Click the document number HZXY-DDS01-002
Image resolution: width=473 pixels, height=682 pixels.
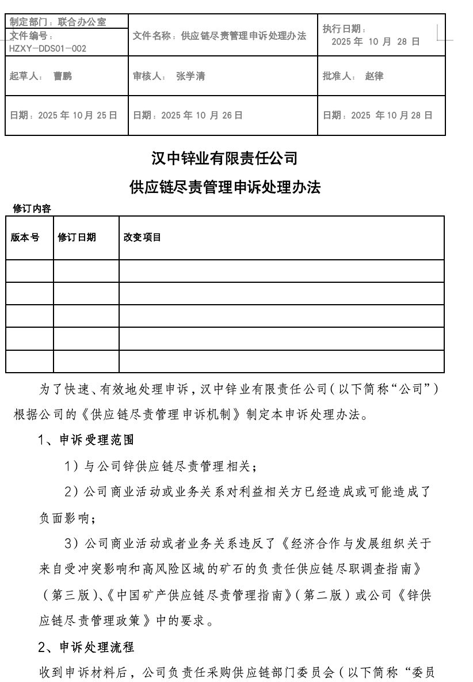click(48, 48)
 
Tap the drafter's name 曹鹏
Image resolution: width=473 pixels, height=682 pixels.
click(62, 76)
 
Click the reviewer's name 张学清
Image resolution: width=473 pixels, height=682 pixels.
click(190, 76)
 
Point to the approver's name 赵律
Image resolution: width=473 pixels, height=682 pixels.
click(374, 76)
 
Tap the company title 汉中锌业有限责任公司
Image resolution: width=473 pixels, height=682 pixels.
click(224, 157)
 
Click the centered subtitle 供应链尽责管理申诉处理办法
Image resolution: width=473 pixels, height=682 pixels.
click(225, 187)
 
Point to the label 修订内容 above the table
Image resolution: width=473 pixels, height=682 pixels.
click(32, 209)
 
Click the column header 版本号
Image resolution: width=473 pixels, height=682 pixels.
click(25, 237)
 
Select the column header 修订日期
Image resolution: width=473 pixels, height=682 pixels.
click(77, 237)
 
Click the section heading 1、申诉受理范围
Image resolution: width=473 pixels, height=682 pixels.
click(86, 440)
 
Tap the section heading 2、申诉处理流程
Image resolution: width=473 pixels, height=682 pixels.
click(86, 647)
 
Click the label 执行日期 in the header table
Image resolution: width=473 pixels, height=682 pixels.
click(342, 29)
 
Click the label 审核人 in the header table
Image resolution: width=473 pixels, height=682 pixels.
click(148, 76)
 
